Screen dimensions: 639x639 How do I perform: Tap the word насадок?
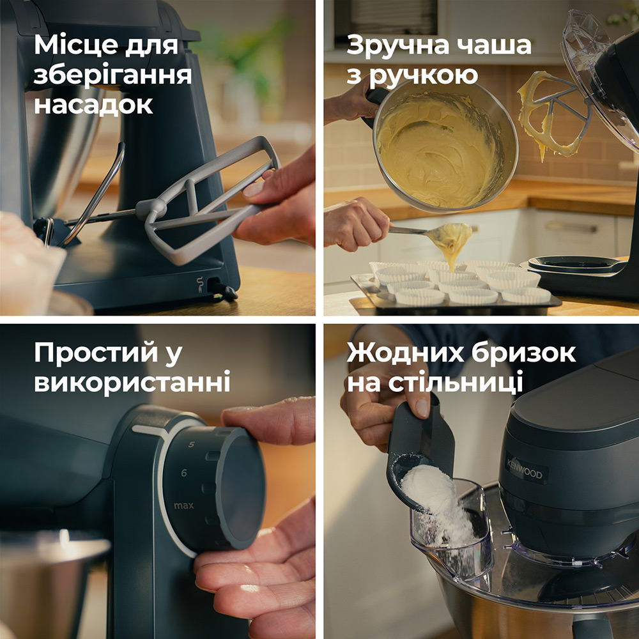coord(93,104)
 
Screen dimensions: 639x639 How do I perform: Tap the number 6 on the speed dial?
coord(184,473)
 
